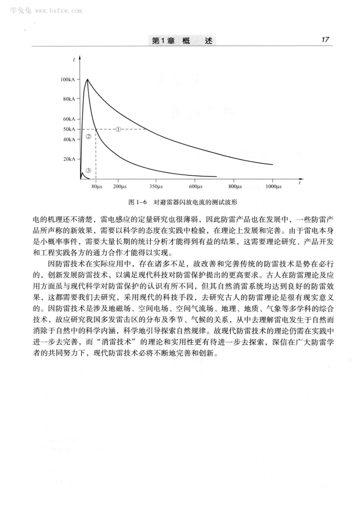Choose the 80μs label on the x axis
click(x=97, y=186)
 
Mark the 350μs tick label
click(x=156, y=186)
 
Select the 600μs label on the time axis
click(x=195, y=186)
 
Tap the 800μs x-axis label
click(x=235, y=186)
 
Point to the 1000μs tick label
click(x=273, y=186)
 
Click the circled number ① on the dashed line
click(x=119, y=129)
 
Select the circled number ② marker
click(x=88, y=137)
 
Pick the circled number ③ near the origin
click(x=88, y=170)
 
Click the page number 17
click(x=325, y=40)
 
